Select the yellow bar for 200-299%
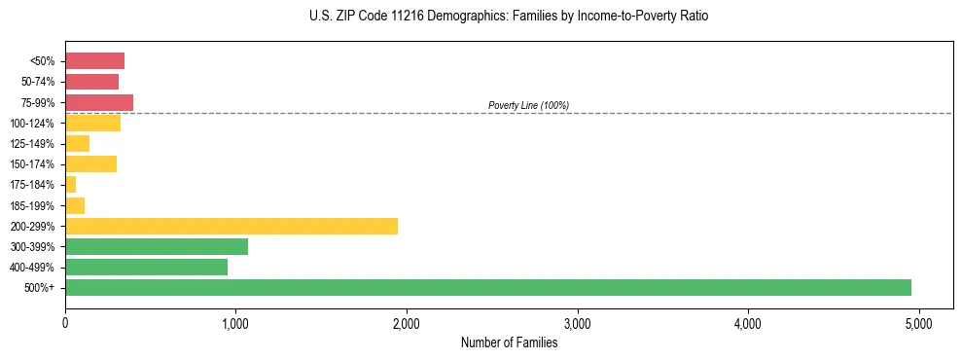pos(232,226)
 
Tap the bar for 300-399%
pos(157,246)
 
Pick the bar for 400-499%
pos(146,267)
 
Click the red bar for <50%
pos(94,61)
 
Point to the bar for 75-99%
pos(99,102)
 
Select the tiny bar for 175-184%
pos(70,185)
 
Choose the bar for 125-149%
pos(77,143)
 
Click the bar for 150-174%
pos(90,163)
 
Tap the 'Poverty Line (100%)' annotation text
pos(528,105)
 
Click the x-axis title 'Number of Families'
pos(509,342)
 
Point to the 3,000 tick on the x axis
pos(578,323)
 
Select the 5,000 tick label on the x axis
pos(919,323)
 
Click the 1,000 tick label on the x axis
pos(235,323)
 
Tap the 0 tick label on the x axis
pos(65,323)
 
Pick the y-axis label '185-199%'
pos(33,205)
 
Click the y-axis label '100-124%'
pos(33,124)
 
